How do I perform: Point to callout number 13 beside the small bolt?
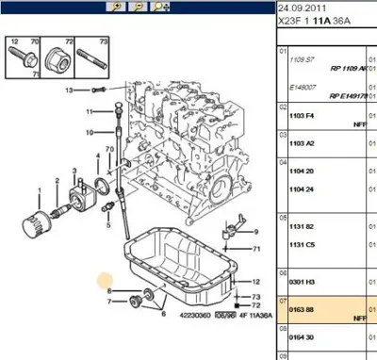coord(69,90)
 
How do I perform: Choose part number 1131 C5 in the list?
coord(302,243)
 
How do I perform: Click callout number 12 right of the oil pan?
coord(256,281)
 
